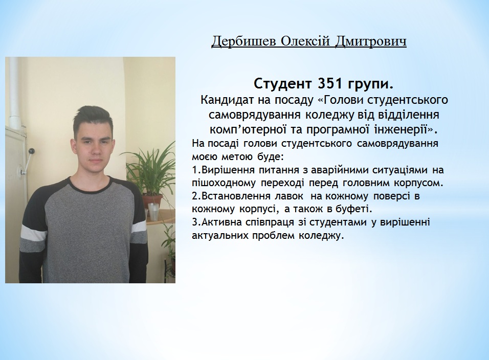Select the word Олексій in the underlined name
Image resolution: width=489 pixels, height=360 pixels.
[x=305, y=41]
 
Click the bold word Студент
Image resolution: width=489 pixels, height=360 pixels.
[x=282, y=84]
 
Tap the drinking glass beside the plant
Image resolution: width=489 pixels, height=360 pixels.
[x=153, y=212]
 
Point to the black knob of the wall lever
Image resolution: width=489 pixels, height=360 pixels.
[x=32, y=151]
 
